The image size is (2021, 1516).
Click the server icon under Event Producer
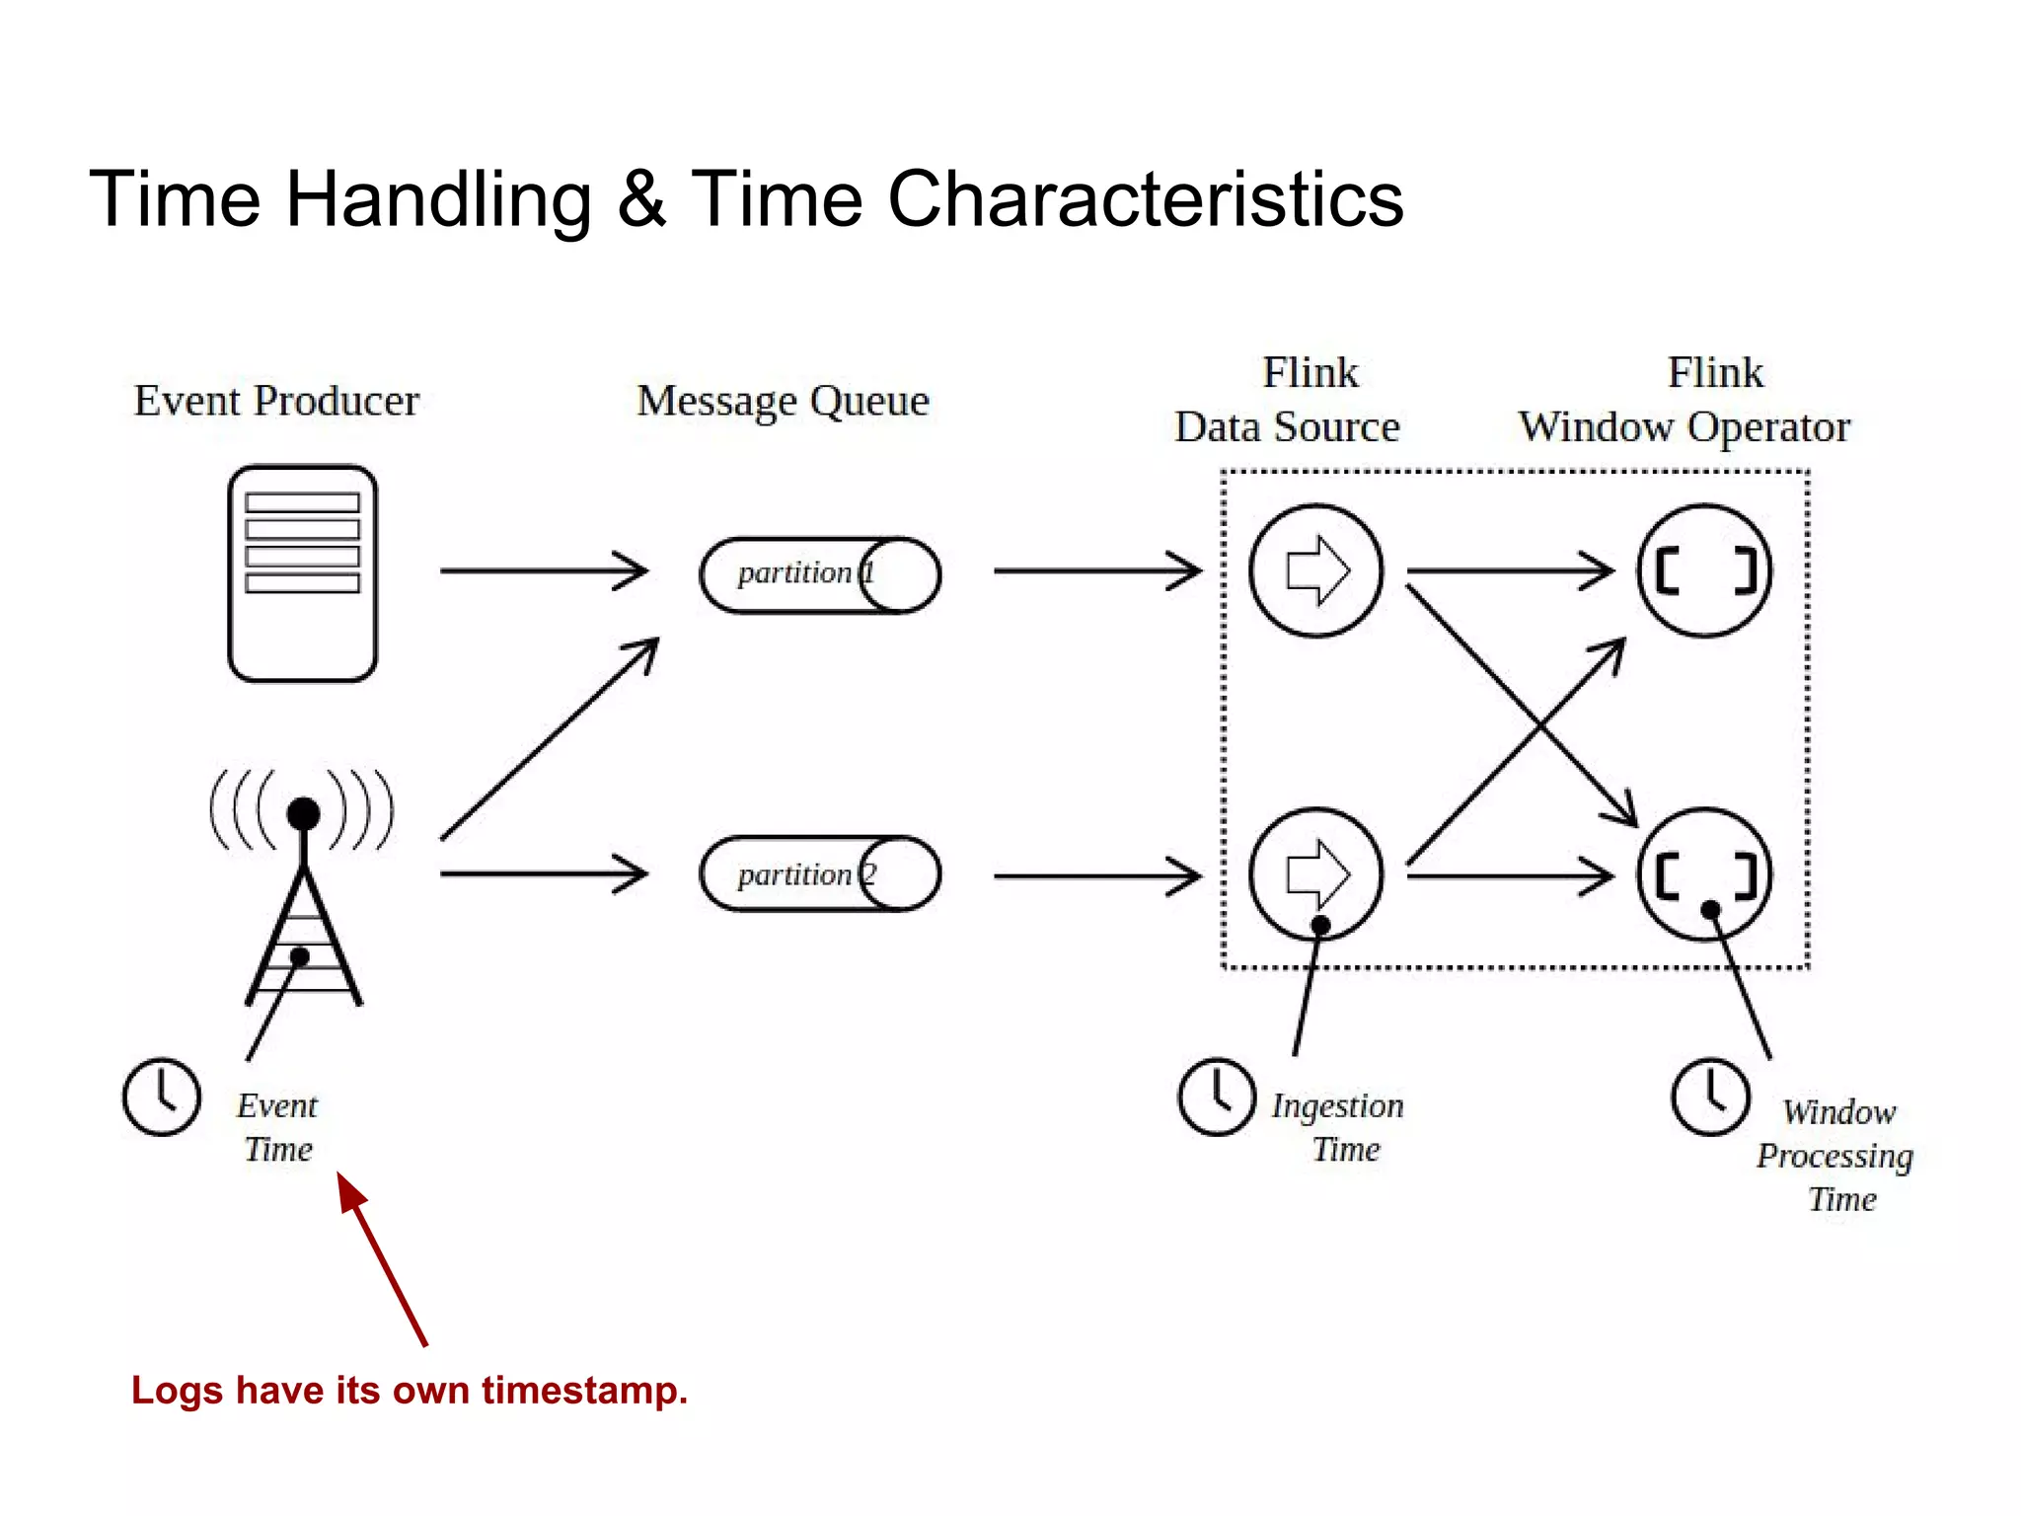[302, 573]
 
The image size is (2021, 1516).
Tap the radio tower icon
[303, 888]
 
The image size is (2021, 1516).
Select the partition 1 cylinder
[819, 575]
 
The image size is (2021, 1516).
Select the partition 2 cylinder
[819, 874]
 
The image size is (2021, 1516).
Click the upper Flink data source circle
[1316, 570]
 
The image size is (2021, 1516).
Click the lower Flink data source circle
[1316, 874]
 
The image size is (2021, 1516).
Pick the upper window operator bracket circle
[1705, 570]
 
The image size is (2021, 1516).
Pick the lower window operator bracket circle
[1705, 874]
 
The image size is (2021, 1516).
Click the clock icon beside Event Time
[162, 1097]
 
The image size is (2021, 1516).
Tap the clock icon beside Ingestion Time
[1217, 1097]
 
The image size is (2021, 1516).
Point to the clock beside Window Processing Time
[1710, 1097]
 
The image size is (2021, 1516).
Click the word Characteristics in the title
[1145, 199]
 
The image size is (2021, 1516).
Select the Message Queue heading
[783, 401]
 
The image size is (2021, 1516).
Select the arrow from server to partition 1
[543, 570]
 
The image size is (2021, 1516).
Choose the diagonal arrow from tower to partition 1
[549, 740]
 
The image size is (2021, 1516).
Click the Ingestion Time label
[1338, 1127]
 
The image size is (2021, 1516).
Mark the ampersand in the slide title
[641, 199]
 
